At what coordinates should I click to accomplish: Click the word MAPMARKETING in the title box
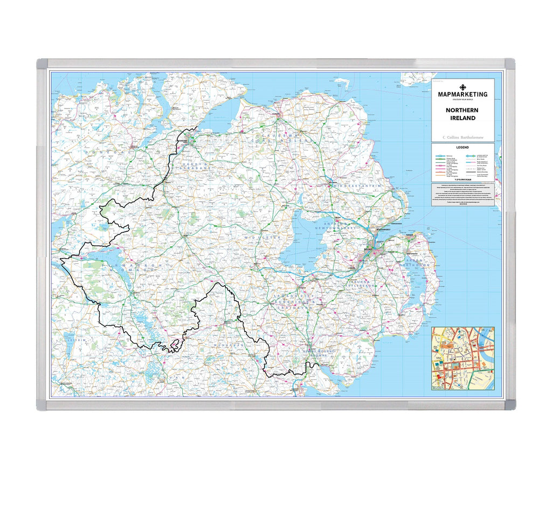(x=463, y=94)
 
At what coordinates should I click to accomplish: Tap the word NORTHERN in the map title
(x=463, y=110)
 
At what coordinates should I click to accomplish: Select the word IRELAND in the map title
(x=463, y=118)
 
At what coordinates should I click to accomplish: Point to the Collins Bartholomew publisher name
(x=463, y=137)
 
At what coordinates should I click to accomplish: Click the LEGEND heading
(x=463, y=147)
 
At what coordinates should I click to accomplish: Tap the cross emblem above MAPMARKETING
(x=463, y=87)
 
